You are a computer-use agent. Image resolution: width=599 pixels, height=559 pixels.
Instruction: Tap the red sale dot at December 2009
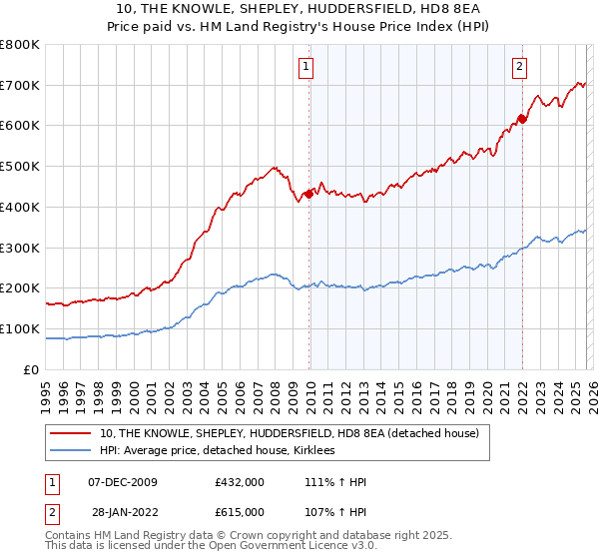click(x=308, y=194)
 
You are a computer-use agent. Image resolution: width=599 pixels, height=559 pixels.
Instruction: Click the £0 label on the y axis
click(x=31, y=369)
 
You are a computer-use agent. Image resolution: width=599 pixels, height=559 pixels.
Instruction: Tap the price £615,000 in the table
click(x=240, y=512)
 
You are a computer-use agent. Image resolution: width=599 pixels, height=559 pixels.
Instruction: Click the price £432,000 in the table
click(x=240, y=482)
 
